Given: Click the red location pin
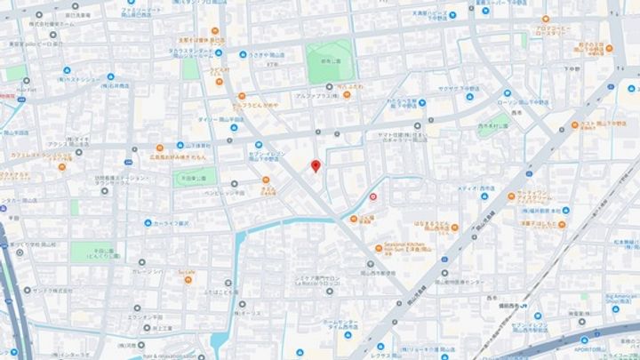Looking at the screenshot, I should pyautogui.click(x=315, y=166).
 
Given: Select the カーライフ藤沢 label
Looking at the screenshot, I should pyautogui.click(x=172, y=223).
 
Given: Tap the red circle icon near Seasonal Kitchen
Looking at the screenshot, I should pyautogui.click(x=372, y=196).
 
